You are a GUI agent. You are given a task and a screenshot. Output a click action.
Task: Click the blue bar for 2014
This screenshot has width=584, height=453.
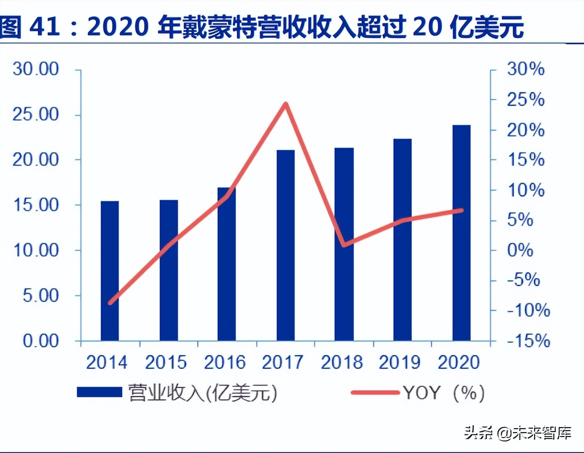[110, 271]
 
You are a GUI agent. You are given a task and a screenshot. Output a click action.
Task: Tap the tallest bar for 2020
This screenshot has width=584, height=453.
[461, 233]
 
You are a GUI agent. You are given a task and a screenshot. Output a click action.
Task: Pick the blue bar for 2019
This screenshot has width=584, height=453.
[402, 240]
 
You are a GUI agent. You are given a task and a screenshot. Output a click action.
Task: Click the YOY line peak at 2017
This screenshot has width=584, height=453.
[286, 104]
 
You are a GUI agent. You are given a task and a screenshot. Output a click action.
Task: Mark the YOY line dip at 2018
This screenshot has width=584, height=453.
[344, 244]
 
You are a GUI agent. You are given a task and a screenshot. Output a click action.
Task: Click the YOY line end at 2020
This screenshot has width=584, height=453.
[461, 210]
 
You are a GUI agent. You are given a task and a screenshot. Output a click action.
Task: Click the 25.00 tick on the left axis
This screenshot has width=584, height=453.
[36, 115]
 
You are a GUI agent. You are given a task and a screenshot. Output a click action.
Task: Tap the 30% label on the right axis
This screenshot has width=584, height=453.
[526, 69]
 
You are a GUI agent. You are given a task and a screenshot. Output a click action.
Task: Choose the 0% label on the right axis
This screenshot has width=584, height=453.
[520, 250]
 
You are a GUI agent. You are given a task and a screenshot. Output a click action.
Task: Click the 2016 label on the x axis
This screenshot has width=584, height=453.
[224, 362]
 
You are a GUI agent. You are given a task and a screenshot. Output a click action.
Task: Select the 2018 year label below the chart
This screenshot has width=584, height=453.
[341, 362]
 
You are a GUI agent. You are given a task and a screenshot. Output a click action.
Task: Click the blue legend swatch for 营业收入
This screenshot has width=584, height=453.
[99, 392]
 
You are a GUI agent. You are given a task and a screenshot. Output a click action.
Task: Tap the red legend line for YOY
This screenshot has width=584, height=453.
[375, 392]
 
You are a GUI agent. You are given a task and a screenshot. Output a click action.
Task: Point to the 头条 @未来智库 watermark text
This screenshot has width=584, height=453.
[518, 432]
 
